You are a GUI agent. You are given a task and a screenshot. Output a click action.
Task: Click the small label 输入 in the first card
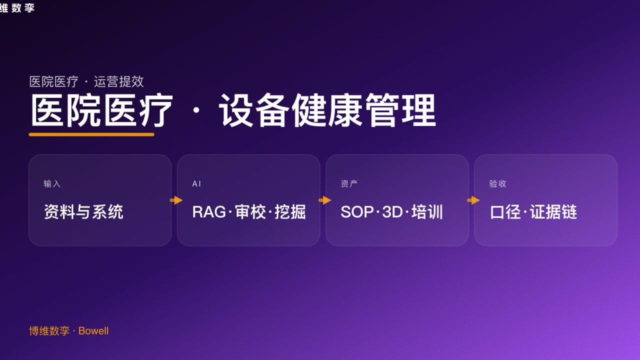pos(52,184)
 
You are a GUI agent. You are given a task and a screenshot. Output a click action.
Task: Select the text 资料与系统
pos(83,212)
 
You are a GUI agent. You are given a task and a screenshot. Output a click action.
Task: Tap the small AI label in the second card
pos(196,184)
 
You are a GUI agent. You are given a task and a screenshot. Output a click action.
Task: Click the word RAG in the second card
pos(208,212)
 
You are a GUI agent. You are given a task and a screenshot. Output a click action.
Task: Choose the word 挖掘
pos(290,212)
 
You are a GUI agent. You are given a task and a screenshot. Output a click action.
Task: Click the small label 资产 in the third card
pos(349,184)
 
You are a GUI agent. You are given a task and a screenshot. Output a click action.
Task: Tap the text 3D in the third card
pos(392,212)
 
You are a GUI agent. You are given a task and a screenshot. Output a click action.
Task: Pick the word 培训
pos(427,212)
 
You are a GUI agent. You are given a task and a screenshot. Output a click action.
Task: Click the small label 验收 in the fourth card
pos(497,184)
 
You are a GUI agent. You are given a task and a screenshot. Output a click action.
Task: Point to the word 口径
pos(506,212)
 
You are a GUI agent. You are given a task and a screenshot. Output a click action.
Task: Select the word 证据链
pos(553,212)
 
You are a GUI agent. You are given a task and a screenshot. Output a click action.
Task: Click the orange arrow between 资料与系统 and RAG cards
pos(176,200)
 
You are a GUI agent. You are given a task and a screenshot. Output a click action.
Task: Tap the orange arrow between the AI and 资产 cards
pos(325,200)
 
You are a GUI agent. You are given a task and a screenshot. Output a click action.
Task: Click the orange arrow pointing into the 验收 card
pos(473,200)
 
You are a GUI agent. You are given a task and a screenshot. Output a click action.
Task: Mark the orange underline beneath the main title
pos(91,134)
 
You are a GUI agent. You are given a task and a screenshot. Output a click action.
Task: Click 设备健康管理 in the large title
pos(327,111)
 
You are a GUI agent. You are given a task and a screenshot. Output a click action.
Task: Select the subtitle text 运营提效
pos(119,81)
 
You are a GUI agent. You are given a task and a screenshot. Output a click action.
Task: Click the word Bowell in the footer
pos(93,331)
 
